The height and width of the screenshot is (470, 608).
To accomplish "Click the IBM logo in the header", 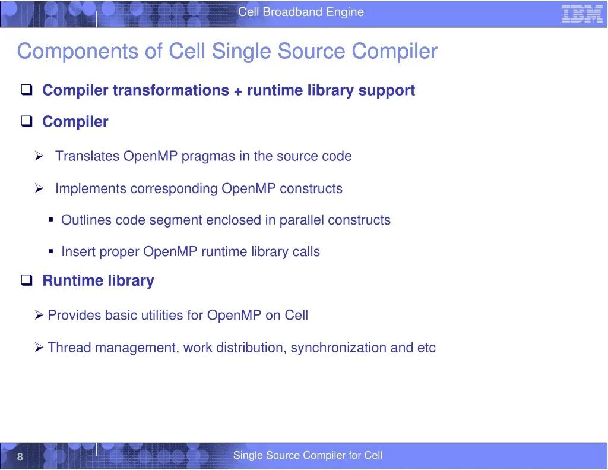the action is click(582, 14).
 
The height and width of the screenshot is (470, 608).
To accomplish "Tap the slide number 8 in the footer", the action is click(20, 456).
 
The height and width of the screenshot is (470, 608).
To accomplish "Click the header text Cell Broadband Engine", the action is click(301, 12).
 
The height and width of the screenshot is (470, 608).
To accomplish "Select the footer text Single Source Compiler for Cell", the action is click(308, 455).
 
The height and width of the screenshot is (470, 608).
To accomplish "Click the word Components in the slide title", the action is click(78, 52).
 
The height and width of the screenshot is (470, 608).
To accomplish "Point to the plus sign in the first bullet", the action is click(238, 91).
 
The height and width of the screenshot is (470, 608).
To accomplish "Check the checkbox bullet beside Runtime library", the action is click(27, 280).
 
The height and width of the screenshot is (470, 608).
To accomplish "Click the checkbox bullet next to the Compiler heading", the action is click(27, 121).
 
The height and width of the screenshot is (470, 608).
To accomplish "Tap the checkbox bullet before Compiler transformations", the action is click(27, 90).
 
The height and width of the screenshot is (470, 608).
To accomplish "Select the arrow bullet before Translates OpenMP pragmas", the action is click(39, 156).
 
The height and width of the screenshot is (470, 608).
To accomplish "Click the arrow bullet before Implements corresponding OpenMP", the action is click(39, 188).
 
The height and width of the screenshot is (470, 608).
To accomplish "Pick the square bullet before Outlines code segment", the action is click(51, 220).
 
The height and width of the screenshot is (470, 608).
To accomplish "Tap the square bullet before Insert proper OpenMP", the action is click(51, 251).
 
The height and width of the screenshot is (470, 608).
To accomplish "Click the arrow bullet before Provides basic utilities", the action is click(39, 315).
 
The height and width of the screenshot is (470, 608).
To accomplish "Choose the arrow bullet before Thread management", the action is click(39, 347).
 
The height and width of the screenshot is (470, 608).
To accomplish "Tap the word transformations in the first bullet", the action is click(171, 90).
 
